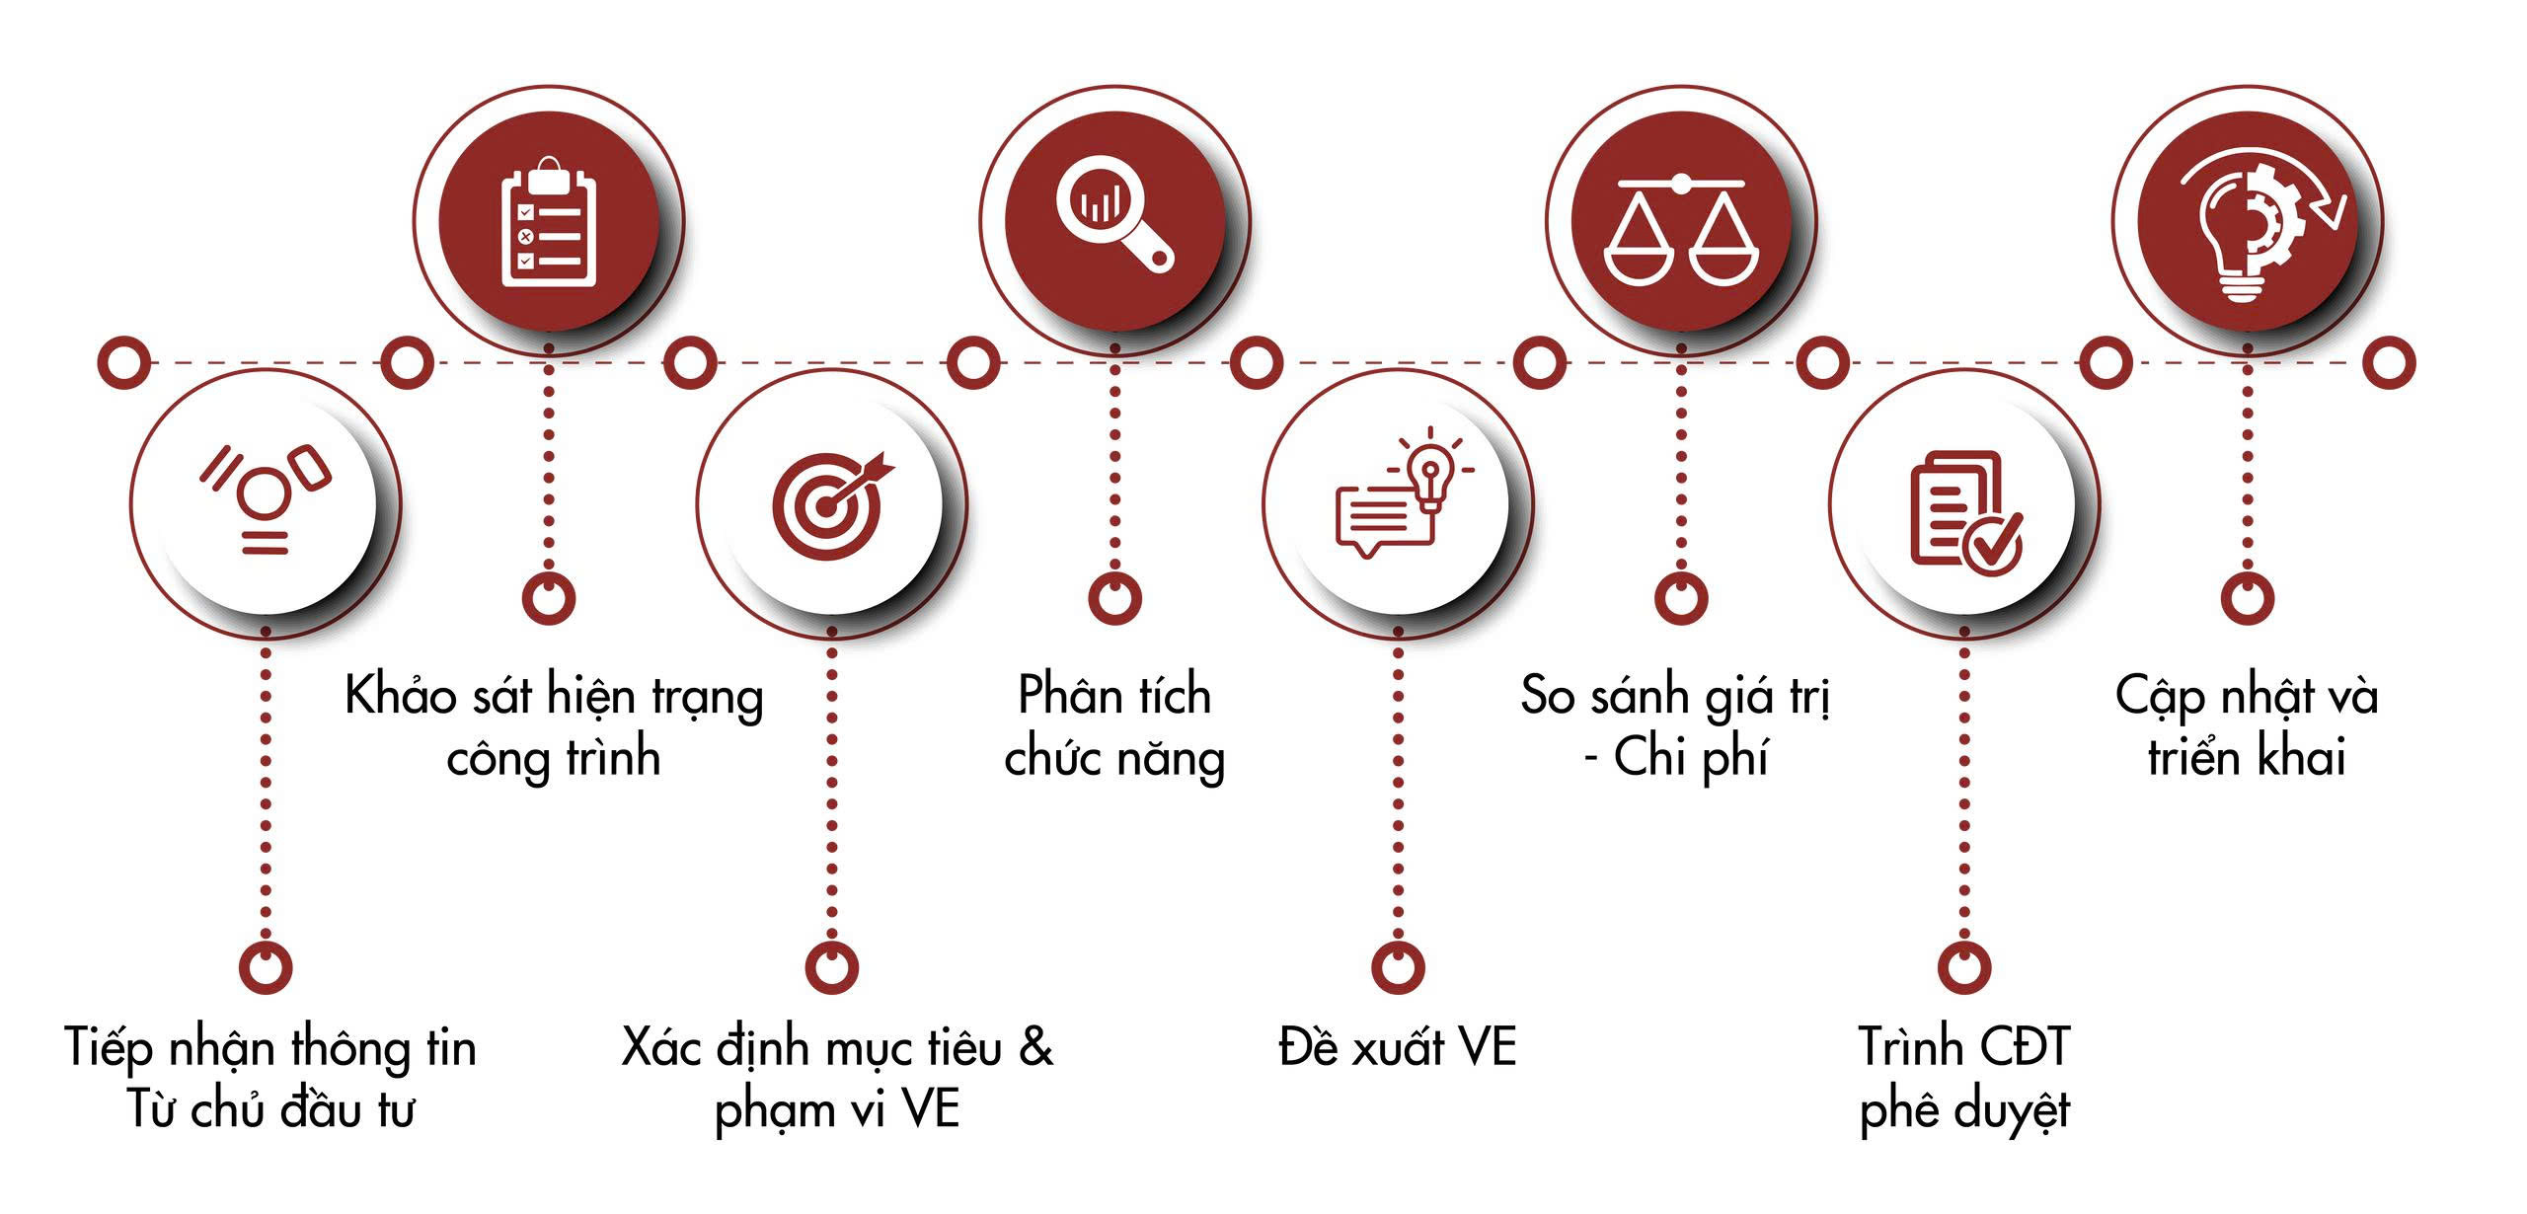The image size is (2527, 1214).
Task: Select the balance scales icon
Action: pyautogui.click(x=1681, y=229)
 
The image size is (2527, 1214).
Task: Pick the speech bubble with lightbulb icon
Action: pyautogui.click(x=1397, y=493)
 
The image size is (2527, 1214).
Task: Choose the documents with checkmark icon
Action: pyautogui.click(x=1964, y=511)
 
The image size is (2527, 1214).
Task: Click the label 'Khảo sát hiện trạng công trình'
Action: pyautogui.click(x=554, y=726)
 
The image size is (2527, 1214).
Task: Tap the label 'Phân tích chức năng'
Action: pyautogui.click(x=1114, y=726)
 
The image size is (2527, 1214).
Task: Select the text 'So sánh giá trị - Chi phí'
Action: pyautogui.click(x=1676, y=726)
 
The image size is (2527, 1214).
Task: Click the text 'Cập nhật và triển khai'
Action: pyautogui.click(x=2247, y=726)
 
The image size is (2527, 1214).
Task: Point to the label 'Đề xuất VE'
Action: pyautogui.click(x=1397, y=1047)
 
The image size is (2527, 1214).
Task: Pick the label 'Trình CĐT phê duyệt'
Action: pyautogui.click(x=1964, y=1078)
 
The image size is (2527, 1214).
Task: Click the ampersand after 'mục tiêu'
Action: pyautogui.click(x=1035, y=1046)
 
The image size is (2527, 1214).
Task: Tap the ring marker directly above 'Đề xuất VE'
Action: pyautogui.click(x=1398, y=966)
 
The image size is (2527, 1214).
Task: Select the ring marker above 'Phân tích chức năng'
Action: pyautogui.click(x=1114, y=598)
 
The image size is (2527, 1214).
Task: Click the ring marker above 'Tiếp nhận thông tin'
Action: pyautogui.click(x=266, y=966)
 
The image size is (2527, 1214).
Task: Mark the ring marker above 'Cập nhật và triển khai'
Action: pyautogui.click(x=2248, y=598)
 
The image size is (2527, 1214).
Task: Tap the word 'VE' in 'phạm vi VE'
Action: pyautogui.click(x=931, y=1109)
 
